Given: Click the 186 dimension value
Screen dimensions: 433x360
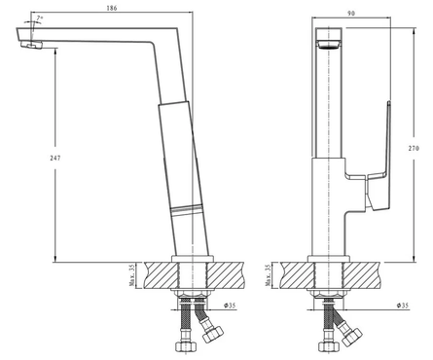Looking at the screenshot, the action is [x=112, y=8].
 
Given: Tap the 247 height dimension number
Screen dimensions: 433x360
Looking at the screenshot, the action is [x=55, y=158].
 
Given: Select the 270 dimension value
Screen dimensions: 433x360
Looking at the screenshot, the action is [x=414, y=148].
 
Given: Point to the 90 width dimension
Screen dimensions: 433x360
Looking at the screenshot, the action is [x=351, y=14].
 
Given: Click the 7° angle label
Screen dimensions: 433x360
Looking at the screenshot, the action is [x=40, y=18].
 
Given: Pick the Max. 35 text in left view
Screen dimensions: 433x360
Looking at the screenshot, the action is [x=131, y=275].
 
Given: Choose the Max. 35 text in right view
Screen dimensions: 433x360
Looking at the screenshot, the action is [x=268, y=275].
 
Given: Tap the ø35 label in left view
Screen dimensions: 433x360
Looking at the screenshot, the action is [x=230, y=306].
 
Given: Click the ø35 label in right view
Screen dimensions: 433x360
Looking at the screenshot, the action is [x=403, y=306].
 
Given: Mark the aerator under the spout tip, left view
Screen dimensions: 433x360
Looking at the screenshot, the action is [x=32, y=45].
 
